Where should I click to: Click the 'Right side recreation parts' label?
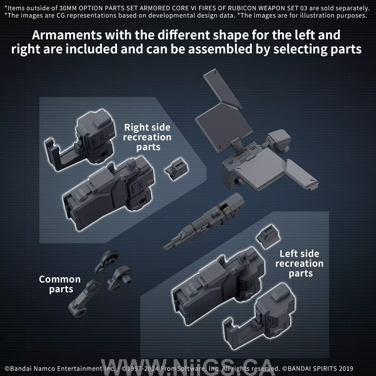147,137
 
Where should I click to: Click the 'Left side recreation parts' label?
299,263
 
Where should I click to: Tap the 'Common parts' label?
60,284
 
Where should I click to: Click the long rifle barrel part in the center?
206,221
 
